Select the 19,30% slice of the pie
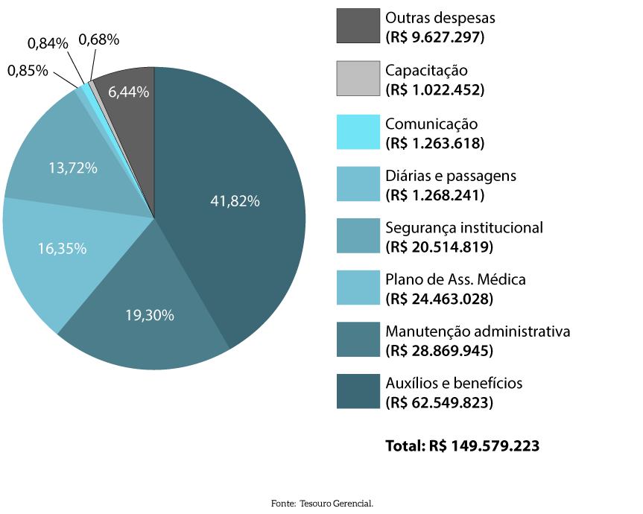(x=149, y=313)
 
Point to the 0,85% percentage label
(x=28, y=71)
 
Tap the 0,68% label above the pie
(x=99, y=39)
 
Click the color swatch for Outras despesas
(x=358, y=26)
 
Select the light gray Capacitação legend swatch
(x=358, y=78)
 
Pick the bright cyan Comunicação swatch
(x=358, y=131)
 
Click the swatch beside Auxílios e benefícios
(x=358, y=392)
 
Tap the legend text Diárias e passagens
(x=451, y=176)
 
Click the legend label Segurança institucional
(x=464, y=227)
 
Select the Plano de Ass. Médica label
(x=455, y=280)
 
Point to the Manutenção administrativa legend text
(x=478, y=331)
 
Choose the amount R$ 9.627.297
(x=435, y=37)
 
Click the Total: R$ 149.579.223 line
(x=462, y=446)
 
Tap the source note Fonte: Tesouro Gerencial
(x=321, y=504)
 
